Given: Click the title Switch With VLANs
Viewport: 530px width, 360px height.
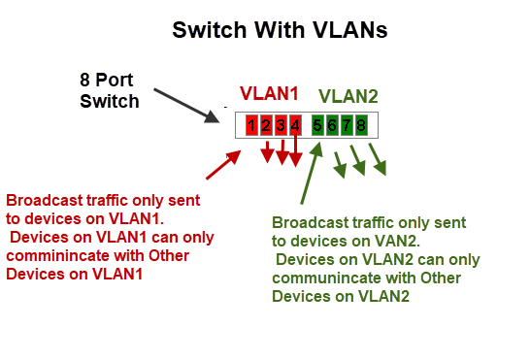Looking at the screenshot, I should (x=280, y=30).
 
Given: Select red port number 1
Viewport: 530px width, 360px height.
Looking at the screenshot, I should (x=251, y=125).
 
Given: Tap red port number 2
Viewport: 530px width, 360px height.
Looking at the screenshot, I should (x=266, y=125).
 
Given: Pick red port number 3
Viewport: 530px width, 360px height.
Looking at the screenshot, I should (x=281, y=125).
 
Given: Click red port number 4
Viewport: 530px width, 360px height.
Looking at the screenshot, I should (x=295, y=125).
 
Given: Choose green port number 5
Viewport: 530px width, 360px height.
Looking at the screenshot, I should (x=318, y=125).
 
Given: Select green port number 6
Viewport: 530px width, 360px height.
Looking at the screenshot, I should (x=332, y=125).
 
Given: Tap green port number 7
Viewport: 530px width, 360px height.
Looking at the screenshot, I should (x=347, y=125).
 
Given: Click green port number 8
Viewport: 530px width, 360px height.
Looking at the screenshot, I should (x=360, y=125).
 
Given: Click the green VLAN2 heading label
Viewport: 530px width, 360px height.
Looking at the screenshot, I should (x=348, y=96).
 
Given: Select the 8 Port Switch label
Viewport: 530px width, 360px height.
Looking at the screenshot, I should (x=110, y=88).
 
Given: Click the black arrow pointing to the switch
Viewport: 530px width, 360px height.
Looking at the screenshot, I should (x=187, y=105).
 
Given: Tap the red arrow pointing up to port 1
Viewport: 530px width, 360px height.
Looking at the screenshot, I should (x=223, y=164).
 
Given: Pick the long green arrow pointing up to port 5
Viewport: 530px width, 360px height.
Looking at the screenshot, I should (x=310, y=173).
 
